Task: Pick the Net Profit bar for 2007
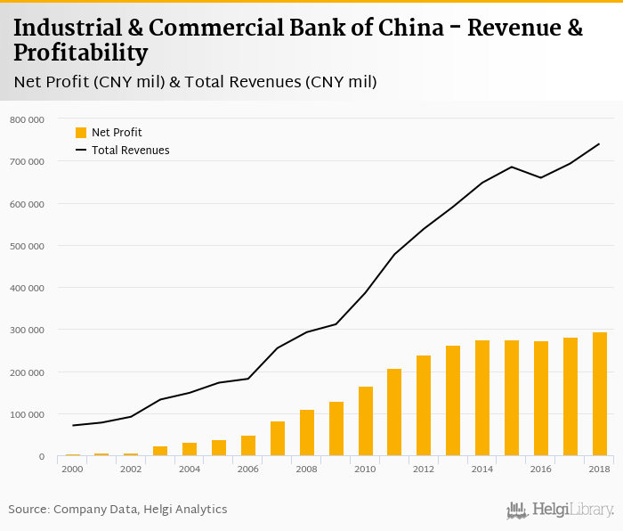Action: click(x=277, y=439)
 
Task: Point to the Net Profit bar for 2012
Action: click(x=424, y=406)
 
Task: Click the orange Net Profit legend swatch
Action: click(x=81, y=133)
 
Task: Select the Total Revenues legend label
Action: click(x=130, y=151)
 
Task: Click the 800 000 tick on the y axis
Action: click(x=27, y=119)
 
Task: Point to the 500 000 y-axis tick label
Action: click(x=27, y=246)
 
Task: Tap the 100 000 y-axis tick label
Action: click(x=27, y=415)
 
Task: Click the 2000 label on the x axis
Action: click(x=72, y=469)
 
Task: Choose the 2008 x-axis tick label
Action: click(x=307, y=469)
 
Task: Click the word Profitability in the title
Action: click(x=81, y=53)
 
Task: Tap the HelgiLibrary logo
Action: click(x=560, y=511)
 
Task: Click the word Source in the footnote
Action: click(x=28, y=510)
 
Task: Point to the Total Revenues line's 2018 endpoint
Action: click(x=599, y=143)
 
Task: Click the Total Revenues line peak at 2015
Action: click(x=512, y=167)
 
